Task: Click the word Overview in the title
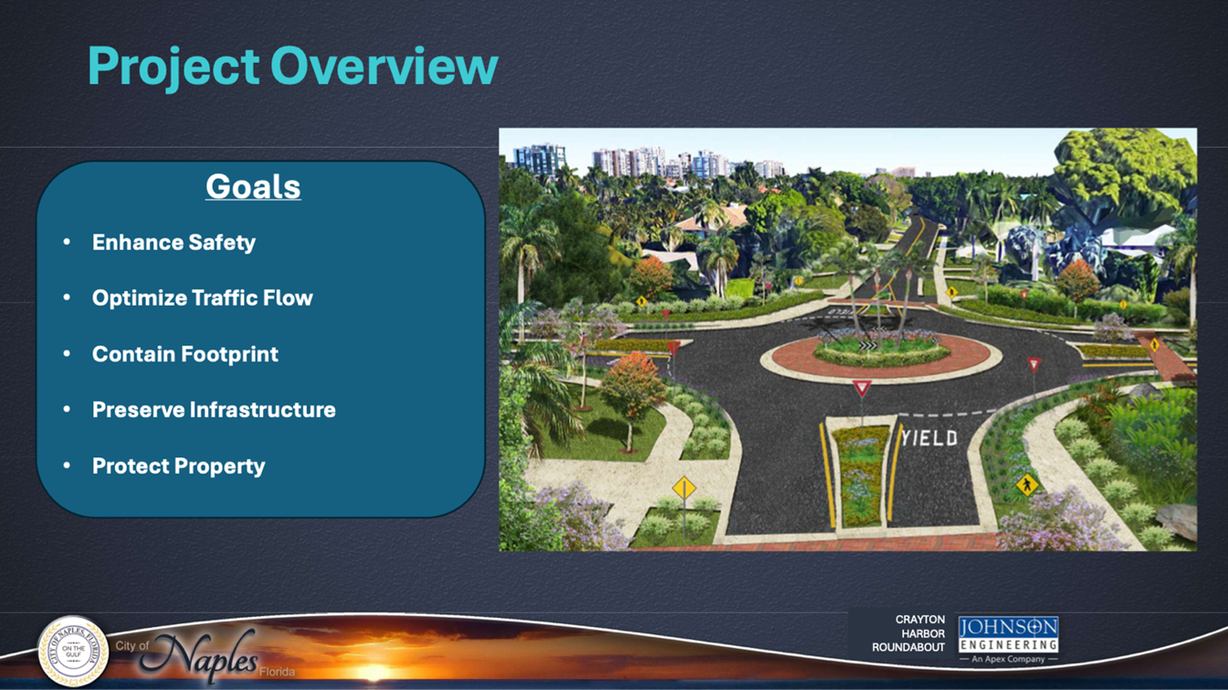pyautogui.click(x=384, y=66)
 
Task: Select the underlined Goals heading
pyautogui.click(x=253, y=186)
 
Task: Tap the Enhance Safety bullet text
pyautogui.click(x=173, y=242)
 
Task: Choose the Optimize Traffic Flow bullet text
pyautogui.click(x=203, y=298)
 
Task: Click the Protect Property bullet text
pyautogui.click(x=178, y=467)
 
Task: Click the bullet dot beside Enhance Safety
pyautogui.click(x=67, y=241)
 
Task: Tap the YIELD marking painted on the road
pyautogui.click(x=930, y=437)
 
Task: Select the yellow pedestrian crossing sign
pyautogui.click(x=1027, y=485)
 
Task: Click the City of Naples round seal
pyautogui.click(x=73, y=651)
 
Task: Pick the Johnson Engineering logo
pyautogui.click(x=1008, y=640)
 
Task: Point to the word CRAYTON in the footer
pyautogui.click(x=920, y=620)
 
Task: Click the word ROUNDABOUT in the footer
pyautogui.click(x=909, y=647)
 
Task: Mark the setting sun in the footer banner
pyautogui.click(x=374, y=671)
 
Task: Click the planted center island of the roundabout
pyautogui.click(x=881, y=351)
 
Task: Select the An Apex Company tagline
pyautogui.click(x=1008, y=659)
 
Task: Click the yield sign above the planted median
pyautogui.click(x=861, y=388)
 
